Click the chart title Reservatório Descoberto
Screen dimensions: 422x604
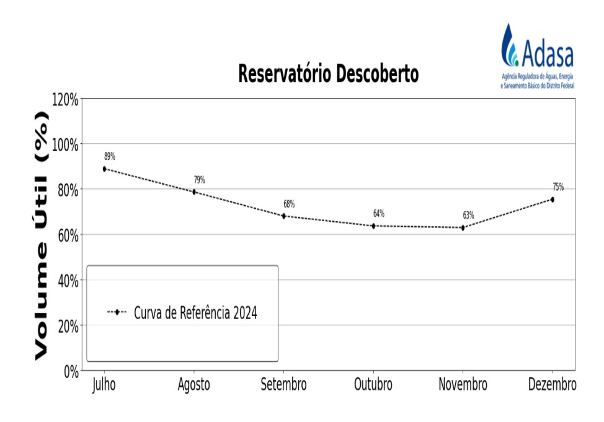pyautogui.click(x=328, y=74)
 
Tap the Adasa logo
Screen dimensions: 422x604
pyautogui.click(x=538, y=55)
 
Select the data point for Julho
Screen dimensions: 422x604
pyautogui.click(x=105, y=169)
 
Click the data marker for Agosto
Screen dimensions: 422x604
pyautogui.click(x=194, y=192)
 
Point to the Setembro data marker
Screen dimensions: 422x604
pyautogui.click(x=284, y=216)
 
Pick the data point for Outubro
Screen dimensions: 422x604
pyautogui.click(x=373, y=226)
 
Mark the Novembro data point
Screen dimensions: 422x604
pyautogui.click(x=463, y=227)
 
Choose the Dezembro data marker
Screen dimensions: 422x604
pyautogui.click(x=553, y=200)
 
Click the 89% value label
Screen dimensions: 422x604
pyautogui.click(x=109, y=156)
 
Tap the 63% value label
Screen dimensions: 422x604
pyautogui.click(x=468, y=216)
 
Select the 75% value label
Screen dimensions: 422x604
pyautogui.click(x=558, y=187)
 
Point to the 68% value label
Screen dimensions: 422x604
pyautogui.click(x=289, y=204)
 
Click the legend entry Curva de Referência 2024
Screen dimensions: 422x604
pyautogui.click(x=195, y=313)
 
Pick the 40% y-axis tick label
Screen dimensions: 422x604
pyautogui.click(x=66, y=280)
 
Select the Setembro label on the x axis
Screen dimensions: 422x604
pyautogui.click(x=283, y=385)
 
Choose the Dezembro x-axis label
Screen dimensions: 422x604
pyautogui.click(x=552, y=385)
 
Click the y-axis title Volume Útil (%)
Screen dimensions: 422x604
pyautogui.click(x=41, y=235)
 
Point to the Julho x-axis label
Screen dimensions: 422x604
pyautogui.click(x=104, y=385)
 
